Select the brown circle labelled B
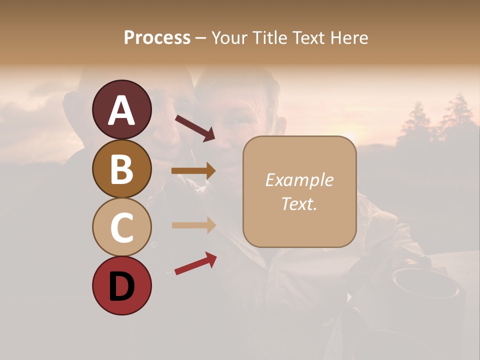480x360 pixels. pyautogui.click(x=121, y=168)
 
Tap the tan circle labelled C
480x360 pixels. pyautogui.click(x=121, y=227)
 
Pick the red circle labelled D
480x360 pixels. pyautogui.click(x=121, y=285)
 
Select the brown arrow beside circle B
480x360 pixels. pyautogui.click(x=193, y=171)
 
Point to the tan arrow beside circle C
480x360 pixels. pyautogui.click(x=193, y=225)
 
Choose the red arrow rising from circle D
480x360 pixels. pyautogui.click(x=195, y=263)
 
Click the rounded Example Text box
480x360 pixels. pyautogui.click(x=299, y=191)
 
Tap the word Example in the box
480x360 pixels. pyautogui.click(x=299, y=180)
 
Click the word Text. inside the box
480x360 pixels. pyautogui.click(x=299, y=203)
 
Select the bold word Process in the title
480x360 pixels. pyautogui.click(x=157, y=37)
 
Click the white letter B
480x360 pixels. pyautogui.click(x=121, y=168)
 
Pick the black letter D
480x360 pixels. pyautogui.click(x=121, y=286)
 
